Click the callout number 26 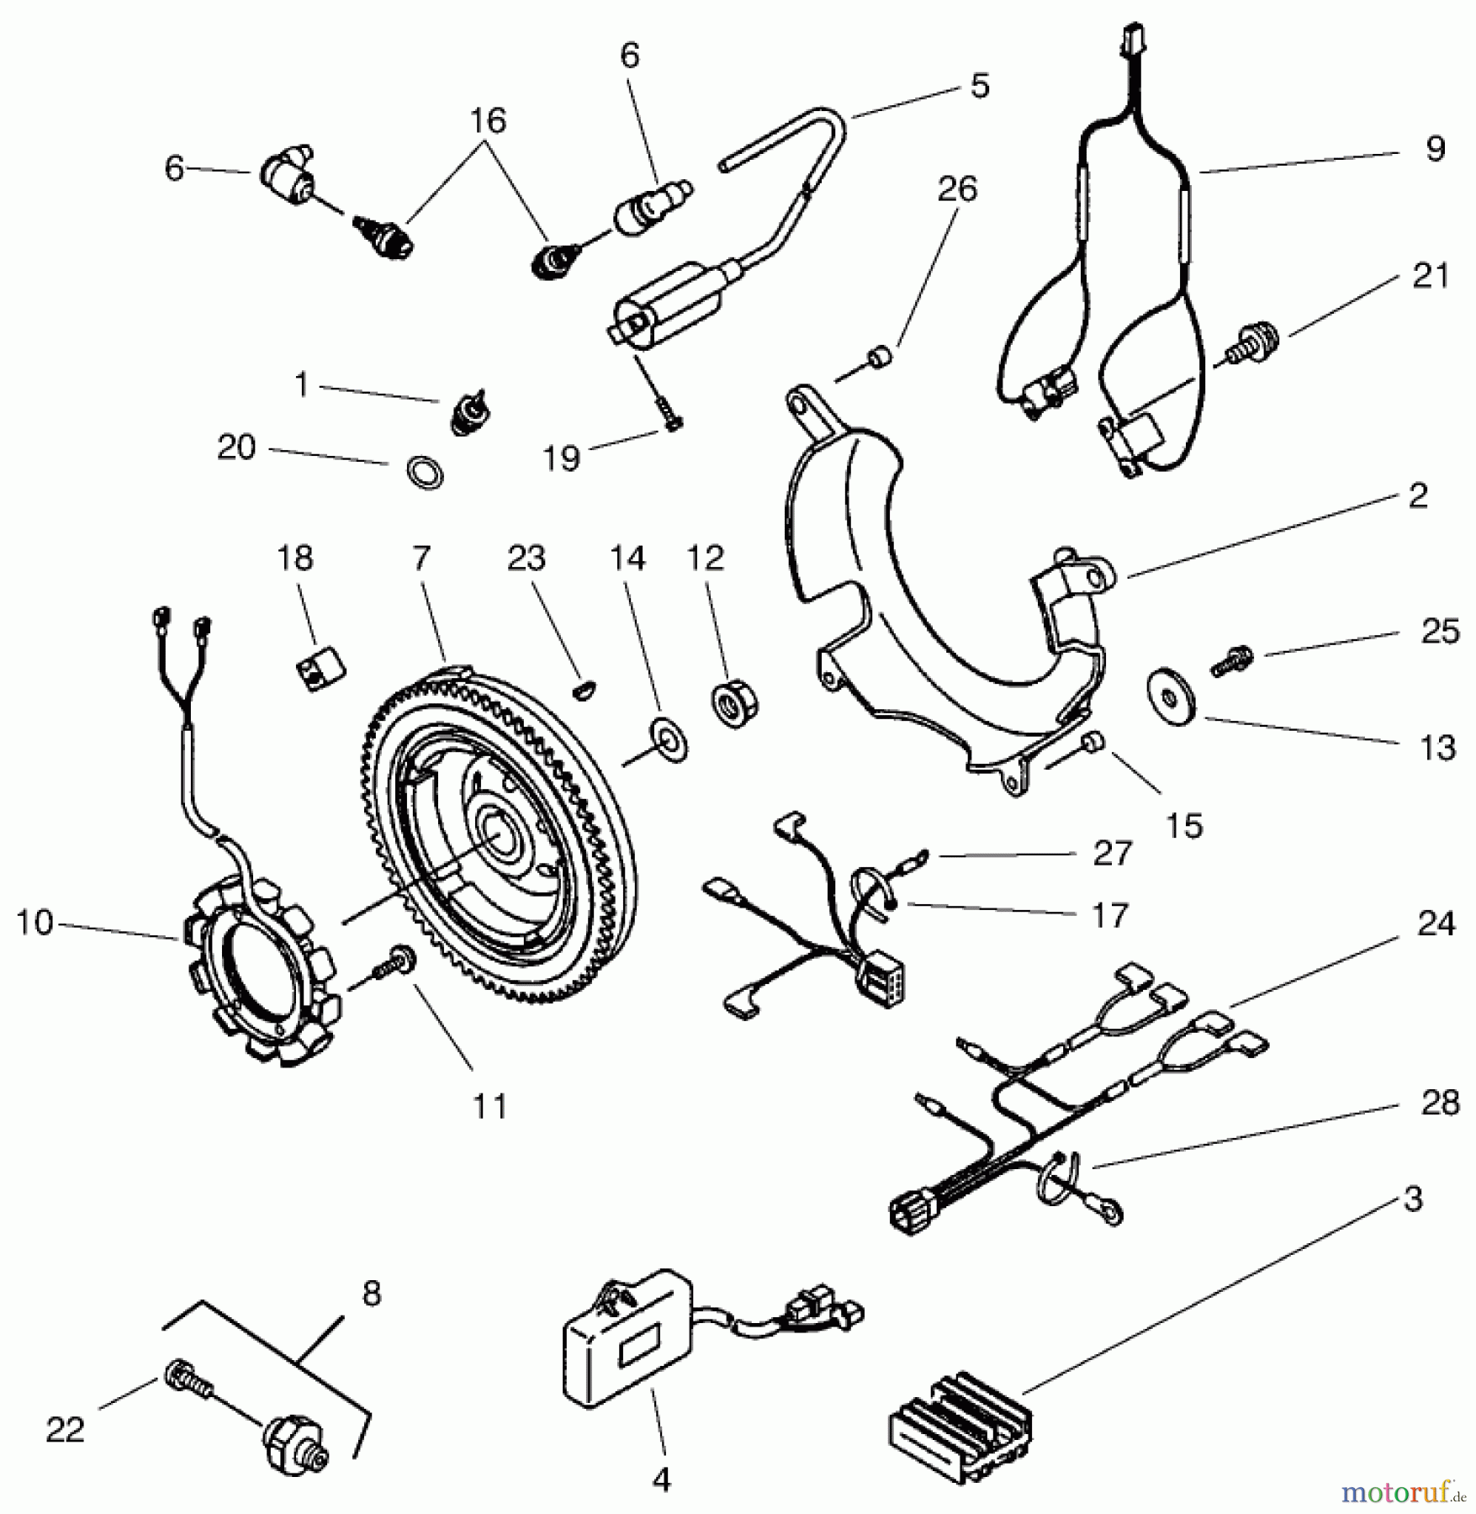pos(956,189)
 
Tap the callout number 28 pos(1439,1103)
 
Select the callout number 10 pos(34,924)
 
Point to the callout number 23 pos(526,558)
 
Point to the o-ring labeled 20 pos(425,473)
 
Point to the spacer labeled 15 pos(1094,741)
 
